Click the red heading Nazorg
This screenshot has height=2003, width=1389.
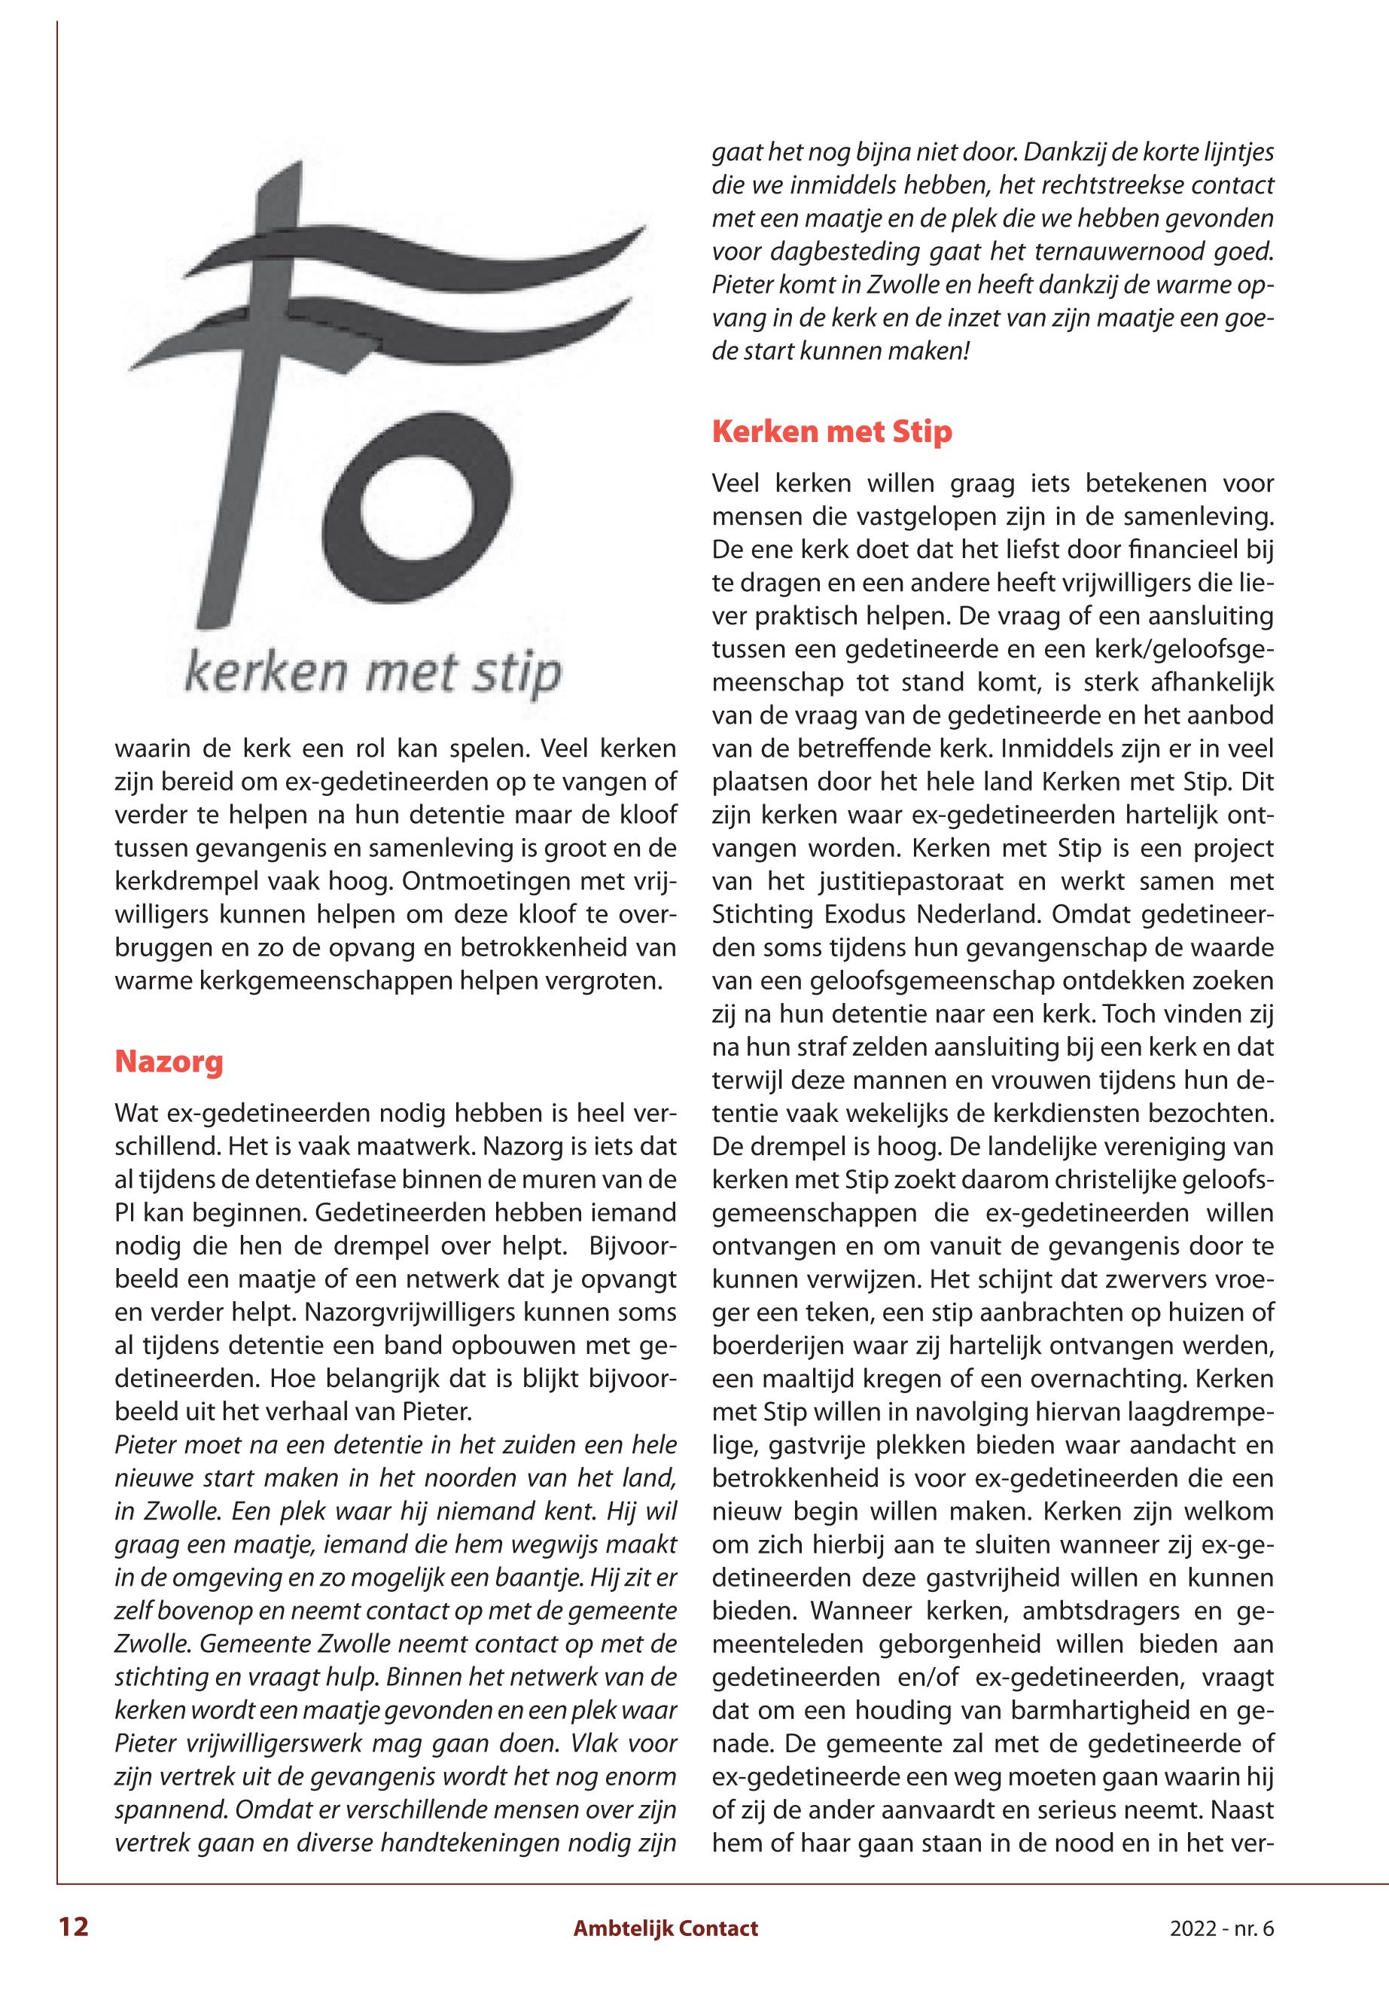point(169,1062)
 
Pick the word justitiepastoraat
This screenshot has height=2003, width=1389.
point(902,882)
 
